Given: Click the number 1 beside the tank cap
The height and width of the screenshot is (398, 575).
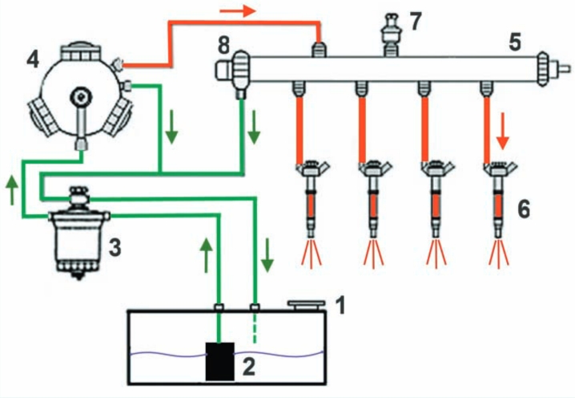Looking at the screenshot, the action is (341, 306).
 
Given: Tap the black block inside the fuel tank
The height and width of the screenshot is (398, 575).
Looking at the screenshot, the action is (220, 362).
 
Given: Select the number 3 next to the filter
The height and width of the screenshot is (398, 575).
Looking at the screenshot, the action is (115, 247).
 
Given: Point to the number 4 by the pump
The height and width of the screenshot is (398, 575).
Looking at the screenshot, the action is (33, 60).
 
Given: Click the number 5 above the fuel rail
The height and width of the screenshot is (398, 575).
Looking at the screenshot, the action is (515, 43).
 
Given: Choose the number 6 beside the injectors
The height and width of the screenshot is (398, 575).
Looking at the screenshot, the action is (524, 209).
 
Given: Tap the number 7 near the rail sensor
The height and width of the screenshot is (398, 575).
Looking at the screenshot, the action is (416, 22).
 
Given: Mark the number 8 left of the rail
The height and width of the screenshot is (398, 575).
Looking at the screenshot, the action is (223, 46).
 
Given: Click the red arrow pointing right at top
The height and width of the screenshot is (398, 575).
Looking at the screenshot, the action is (238, 11).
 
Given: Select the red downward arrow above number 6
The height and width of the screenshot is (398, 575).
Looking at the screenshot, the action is (503, 131).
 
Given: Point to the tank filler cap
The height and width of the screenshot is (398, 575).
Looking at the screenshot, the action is (307, 305).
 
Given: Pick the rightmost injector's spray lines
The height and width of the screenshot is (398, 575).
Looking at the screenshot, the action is (499, 253).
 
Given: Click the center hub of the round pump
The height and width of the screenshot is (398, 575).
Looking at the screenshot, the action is (81, 97).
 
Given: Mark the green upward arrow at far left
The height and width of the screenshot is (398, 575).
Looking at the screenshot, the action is (12, 189).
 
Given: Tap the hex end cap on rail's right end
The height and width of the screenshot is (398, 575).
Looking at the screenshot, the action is (542, 69).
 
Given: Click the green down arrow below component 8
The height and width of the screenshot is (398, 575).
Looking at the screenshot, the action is (254, 127).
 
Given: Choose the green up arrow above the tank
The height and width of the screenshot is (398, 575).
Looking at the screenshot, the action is (207, 255).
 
